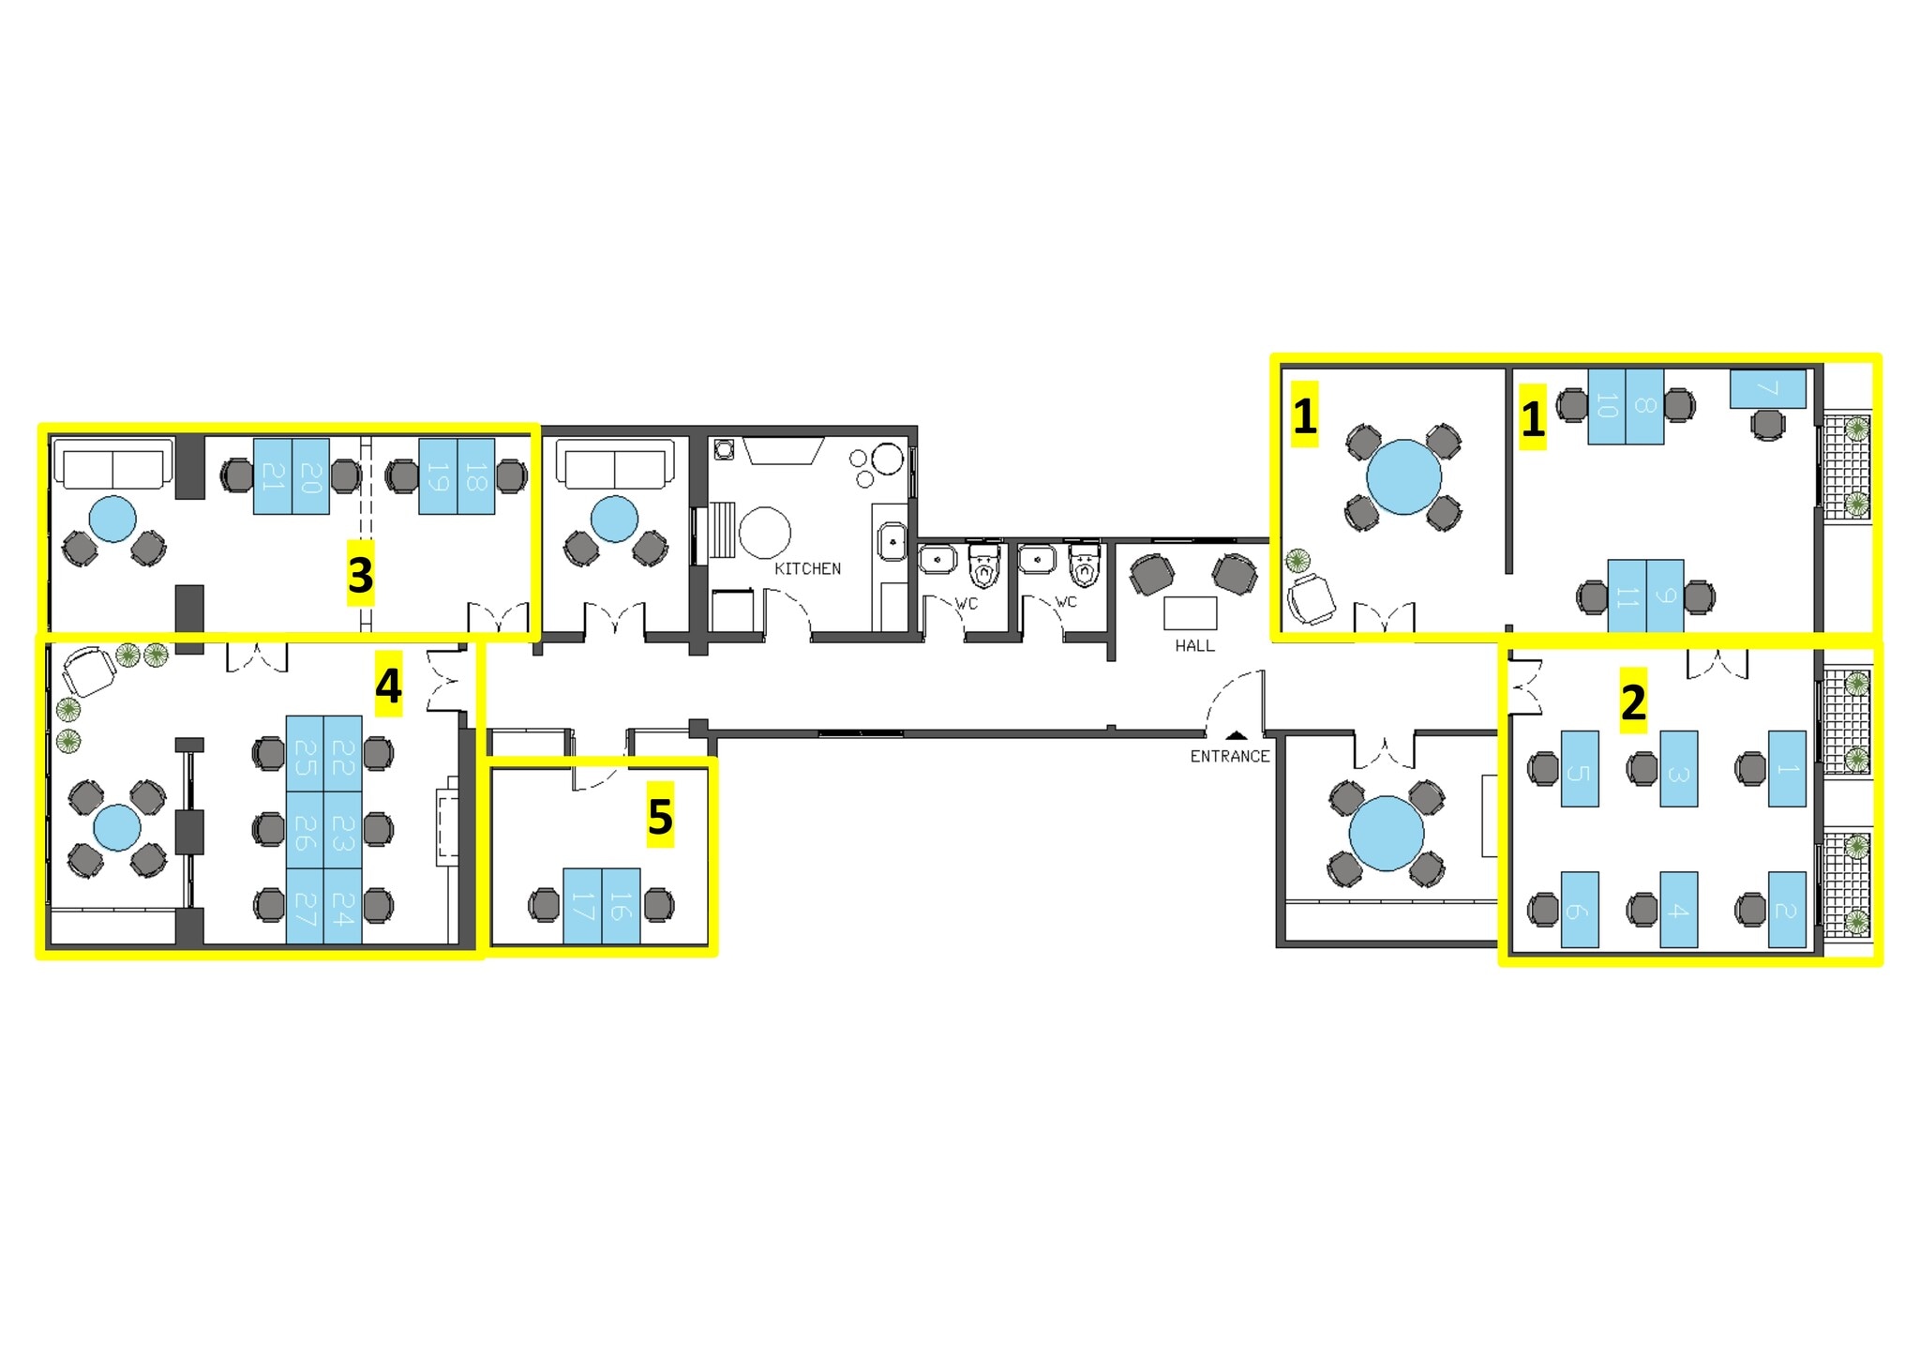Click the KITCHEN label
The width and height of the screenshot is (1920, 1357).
click(807, 568)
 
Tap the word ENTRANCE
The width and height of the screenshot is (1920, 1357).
click(1229, 756)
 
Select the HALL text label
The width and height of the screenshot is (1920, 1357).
click(1194, 645)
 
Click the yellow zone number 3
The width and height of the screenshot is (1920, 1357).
click(361, 574)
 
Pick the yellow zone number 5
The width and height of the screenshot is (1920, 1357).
click(660, 817)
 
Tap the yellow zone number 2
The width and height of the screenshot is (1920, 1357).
click(1633, 701)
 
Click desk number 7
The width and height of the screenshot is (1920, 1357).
click(1767, 388)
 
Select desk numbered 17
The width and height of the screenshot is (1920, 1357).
click(582, 906)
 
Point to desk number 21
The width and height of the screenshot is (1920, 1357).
click(273, 476)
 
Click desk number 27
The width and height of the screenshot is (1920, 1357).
click(305, 906)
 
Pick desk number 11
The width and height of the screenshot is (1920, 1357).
click(1627, 596)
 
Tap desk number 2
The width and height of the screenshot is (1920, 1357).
click(1786, 910)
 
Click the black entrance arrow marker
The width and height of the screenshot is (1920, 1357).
click(1237, 736)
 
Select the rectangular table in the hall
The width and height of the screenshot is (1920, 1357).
click(1190, 613)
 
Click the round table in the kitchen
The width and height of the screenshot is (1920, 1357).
click(764, 533)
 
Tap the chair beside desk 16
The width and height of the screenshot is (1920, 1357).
click(659, 906)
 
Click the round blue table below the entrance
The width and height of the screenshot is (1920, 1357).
click(1386, 833)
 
